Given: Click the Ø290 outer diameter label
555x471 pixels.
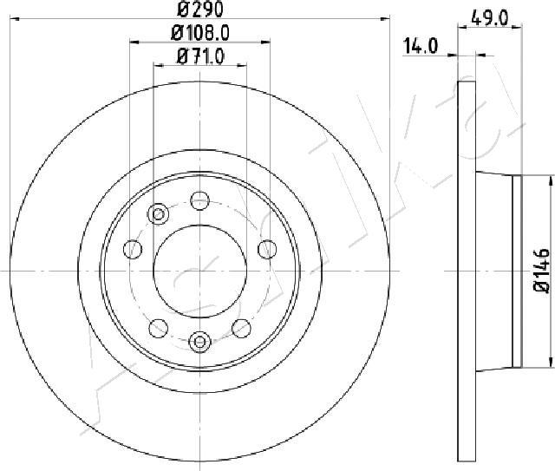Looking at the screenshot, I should pos(197,12).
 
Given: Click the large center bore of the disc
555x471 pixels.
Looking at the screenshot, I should pos(199,270).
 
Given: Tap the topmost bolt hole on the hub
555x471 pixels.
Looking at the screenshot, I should pos(199,200).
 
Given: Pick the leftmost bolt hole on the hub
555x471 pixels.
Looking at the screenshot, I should pos(133,250).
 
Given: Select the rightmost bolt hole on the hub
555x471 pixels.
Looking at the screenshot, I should pos(265,250).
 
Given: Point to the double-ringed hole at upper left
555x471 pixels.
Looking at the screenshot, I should pos(159,214).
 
